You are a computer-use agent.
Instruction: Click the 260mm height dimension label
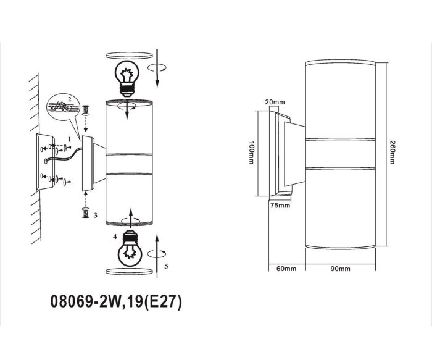click(x=393, y=152)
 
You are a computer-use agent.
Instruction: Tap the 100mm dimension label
click(x=251, y=153)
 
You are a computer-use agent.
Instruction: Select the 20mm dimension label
click(x=275, y=102)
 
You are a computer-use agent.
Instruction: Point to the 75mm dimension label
click(x=280, y=206)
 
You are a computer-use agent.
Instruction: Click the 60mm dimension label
click(x=286, y=269)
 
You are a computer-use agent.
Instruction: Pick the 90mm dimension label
click(x=341, y=269)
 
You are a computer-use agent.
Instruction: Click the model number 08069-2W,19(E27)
click(x=116, y=301)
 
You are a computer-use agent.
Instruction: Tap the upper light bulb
click(x=127, y=78)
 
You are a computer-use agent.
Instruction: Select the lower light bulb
click(x=130, y=248)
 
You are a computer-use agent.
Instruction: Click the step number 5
click(x=166, y=266)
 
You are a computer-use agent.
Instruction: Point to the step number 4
click(x=115, y=237)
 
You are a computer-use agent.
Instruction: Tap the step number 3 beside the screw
click(x=95, y=215)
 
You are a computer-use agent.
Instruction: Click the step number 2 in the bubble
click(x=70, y=99)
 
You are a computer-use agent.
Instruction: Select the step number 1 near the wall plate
click(x=70, y=139)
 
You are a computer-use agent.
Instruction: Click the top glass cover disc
click(x=129, y=56)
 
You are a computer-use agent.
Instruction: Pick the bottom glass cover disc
click(x=129, y=271)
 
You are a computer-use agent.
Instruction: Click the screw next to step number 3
click(x=86, y=213)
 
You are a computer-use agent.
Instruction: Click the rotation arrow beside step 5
click(x=157, y=253)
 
